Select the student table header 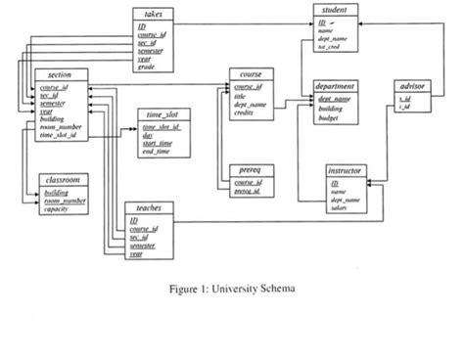[x=338, y=9]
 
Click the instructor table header [x=348, y=171]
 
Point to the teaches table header [x=146, y=208]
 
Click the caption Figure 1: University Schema [x=232, y=289]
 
